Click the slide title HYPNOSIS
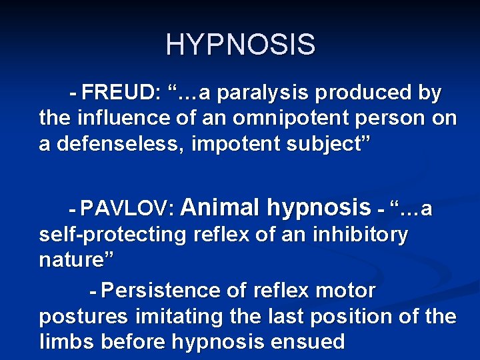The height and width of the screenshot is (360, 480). [240, 45]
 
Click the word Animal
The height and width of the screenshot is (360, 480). [220, 208]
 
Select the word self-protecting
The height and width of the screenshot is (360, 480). [113, 235]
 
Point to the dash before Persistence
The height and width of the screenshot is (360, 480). [93, 291]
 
